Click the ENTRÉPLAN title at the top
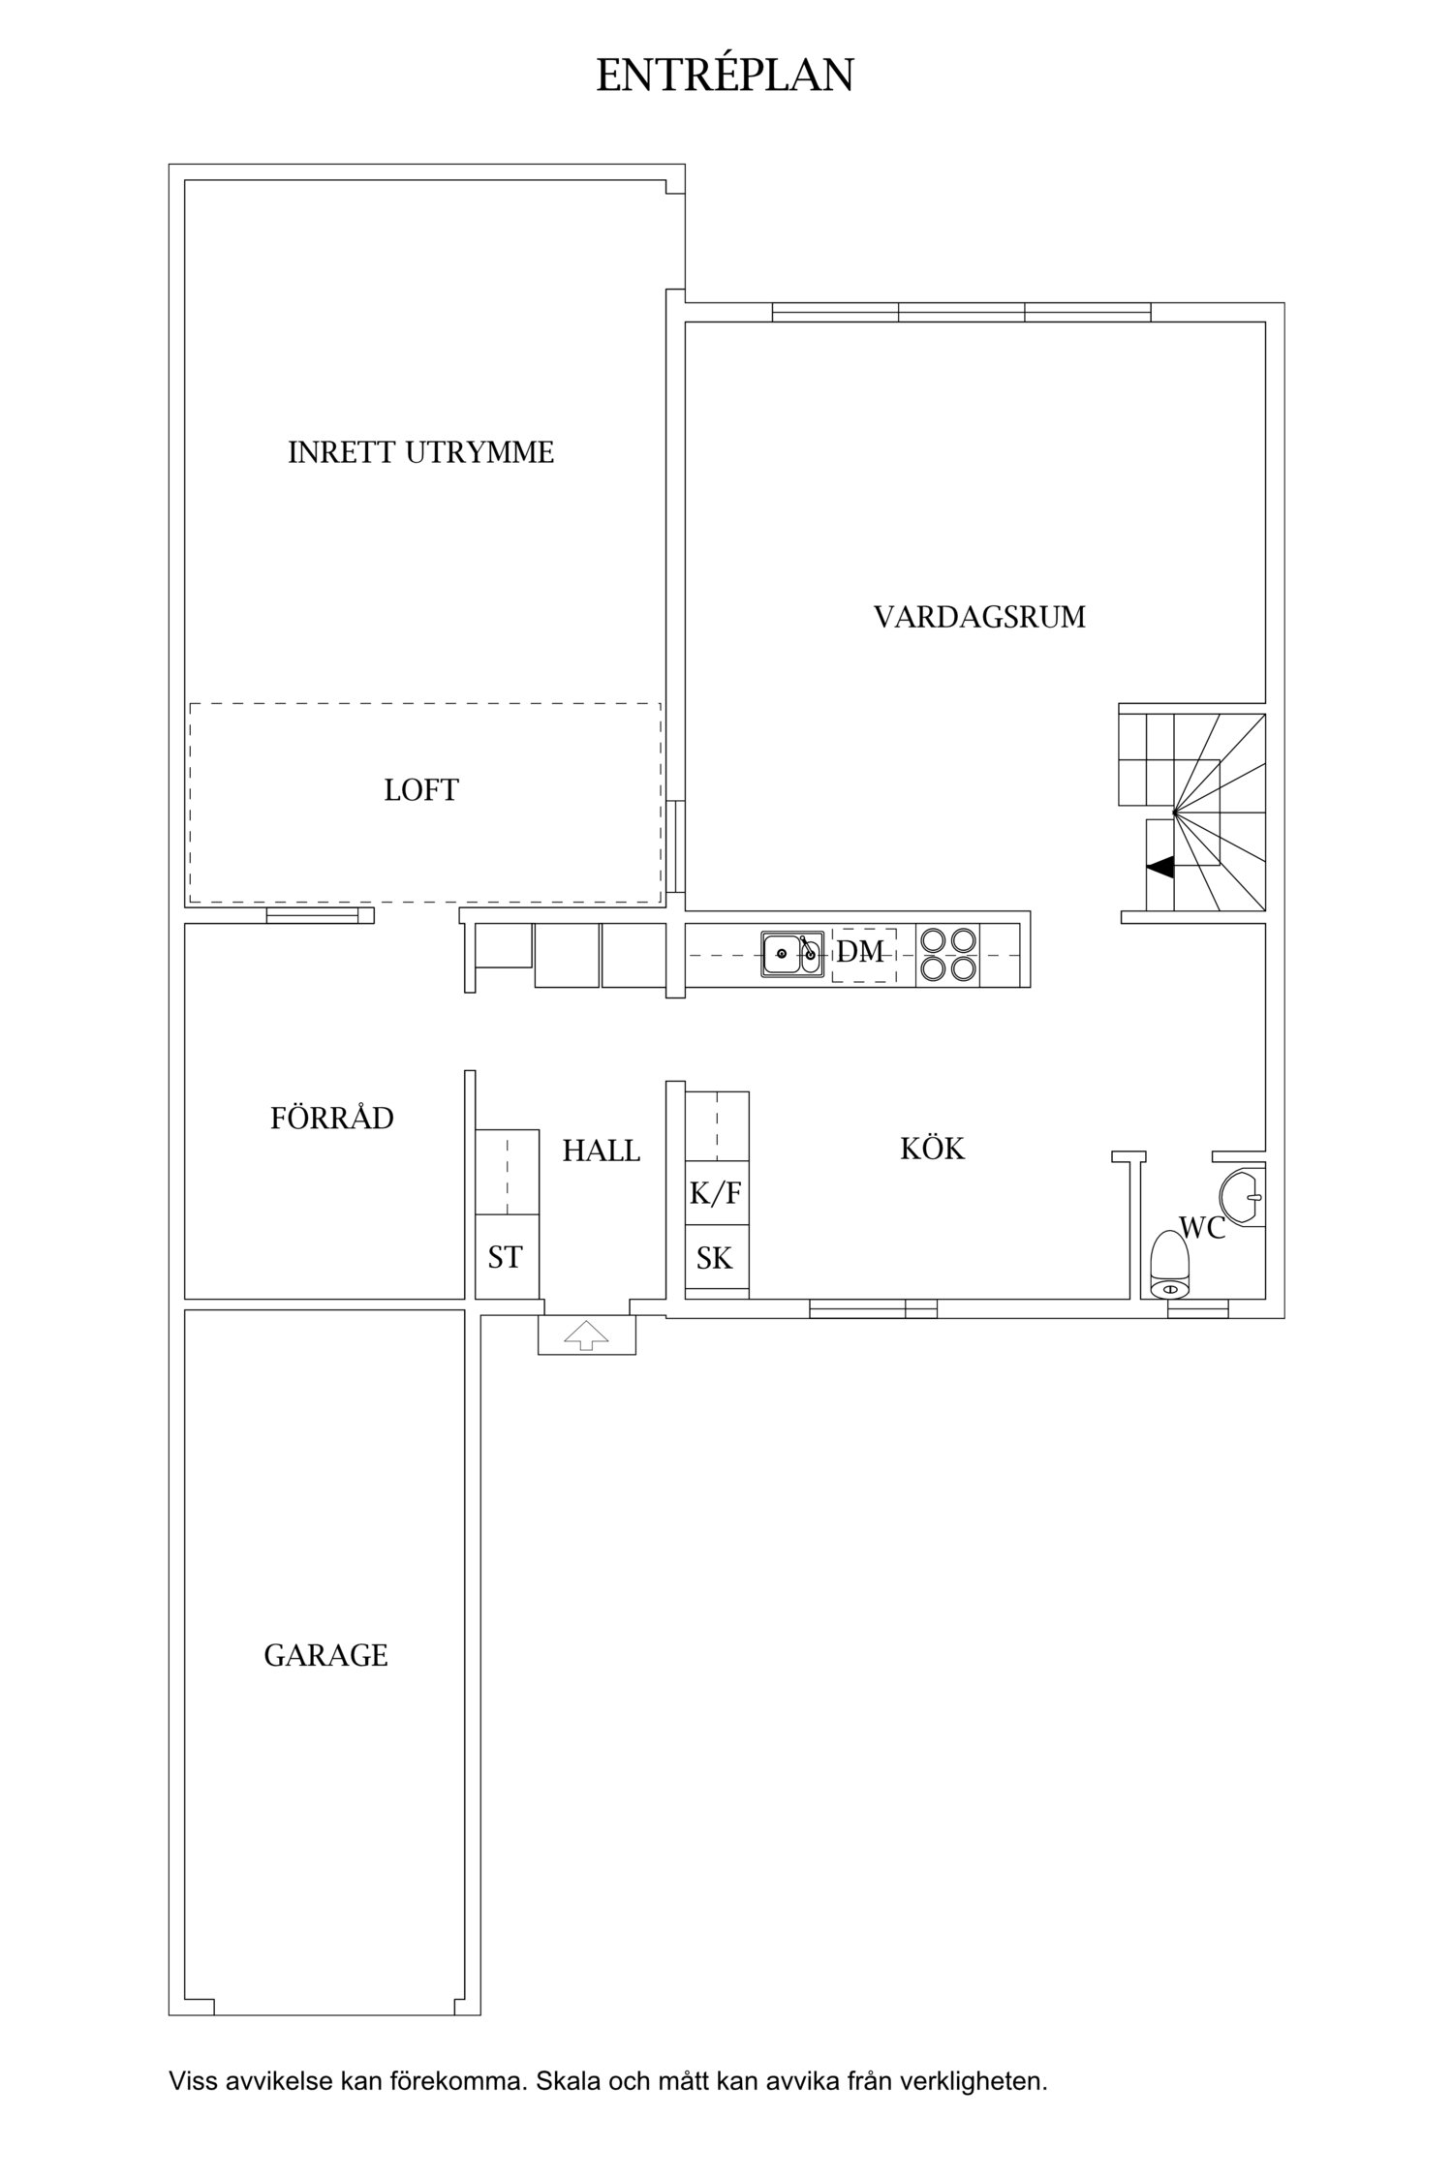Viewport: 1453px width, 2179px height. [x=725, y=76]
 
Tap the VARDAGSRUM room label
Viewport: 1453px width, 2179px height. [x=979, y=617]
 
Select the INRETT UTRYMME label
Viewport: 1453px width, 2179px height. [x=420, y=452]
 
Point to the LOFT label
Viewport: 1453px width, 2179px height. [x=420, y=790]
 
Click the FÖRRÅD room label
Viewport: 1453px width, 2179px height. [x=331, y=1119]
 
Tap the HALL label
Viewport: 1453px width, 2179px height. [x=601, y=1151]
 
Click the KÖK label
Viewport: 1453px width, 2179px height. [x=932, y=1149]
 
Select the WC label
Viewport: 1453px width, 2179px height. [x=1202, y=1228]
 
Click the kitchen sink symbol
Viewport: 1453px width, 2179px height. [x=791, y=954]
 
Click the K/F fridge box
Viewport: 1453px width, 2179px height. [x=716, y=1193]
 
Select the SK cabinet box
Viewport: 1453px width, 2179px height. [x=715, y=1258]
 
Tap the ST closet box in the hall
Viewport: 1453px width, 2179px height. [x=506, y=1257]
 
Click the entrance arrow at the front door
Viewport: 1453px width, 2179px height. [x=587, y=1336]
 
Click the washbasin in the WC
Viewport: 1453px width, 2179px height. [x=1241, y=1197]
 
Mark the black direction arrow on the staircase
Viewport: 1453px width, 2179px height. [x=1160, y=868]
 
